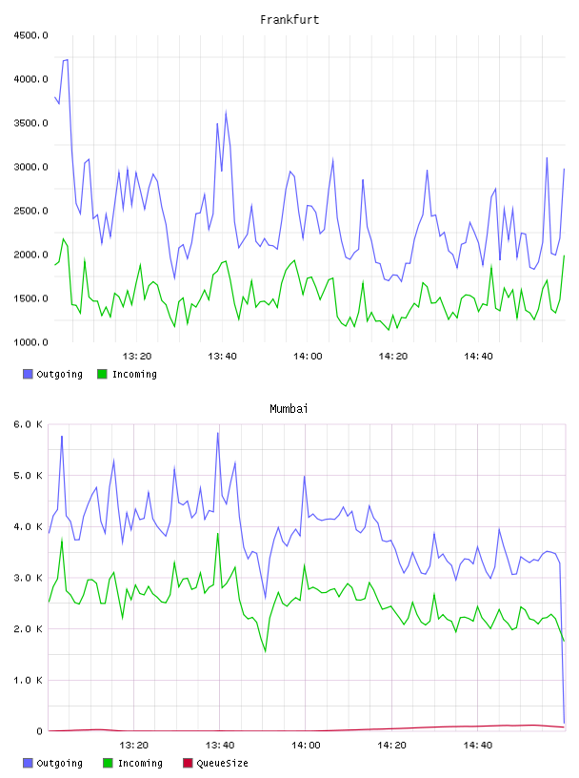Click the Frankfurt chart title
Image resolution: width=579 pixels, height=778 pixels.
(289, 19)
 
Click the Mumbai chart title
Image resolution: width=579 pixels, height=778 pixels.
(289, 408)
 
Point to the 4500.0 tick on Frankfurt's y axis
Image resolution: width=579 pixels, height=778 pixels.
(30, 35)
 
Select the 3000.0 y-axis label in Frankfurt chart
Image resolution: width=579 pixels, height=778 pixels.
(30, 167)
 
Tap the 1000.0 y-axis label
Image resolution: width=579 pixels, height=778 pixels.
(30, 342)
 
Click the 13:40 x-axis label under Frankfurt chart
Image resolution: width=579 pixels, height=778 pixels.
(222, 356)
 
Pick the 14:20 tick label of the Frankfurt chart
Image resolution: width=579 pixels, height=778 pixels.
(393, 356)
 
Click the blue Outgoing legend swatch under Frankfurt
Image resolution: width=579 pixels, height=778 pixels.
(28, 374)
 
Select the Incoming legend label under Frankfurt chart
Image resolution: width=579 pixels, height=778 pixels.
(134, 374)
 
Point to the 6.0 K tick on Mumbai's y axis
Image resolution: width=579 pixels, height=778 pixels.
(28, 424)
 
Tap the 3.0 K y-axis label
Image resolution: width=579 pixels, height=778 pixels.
(28, 578)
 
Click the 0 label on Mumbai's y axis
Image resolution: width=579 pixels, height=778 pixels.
(39, 731)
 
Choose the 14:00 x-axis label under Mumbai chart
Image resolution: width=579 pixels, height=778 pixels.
(306, 745)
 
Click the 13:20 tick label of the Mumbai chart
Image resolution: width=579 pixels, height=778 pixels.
(134, 745)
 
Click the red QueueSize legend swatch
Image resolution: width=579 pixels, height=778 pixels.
(188, 763)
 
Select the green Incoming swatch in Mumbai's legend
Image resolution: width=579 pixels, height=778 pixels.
(108, 763)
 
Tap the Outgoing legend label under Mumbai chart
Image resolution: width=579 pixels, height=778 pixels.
(59, 763)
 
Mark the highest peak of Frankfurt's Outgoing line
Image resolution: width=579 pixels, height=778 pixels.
(67, 59)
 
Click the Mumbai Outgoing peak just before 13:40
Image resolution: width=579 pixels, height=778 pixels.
(218, 433)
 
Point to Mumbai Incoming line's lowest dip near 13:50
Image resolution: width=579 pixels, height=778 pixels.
(266, 651)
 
